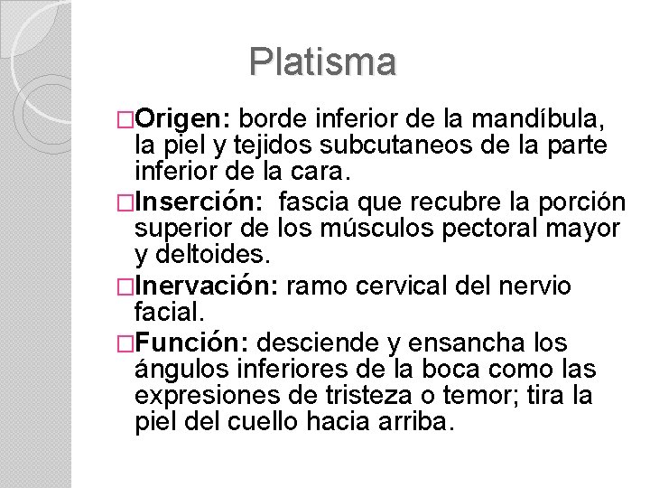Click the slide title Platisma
323,61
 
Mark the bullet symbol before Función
126,344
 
